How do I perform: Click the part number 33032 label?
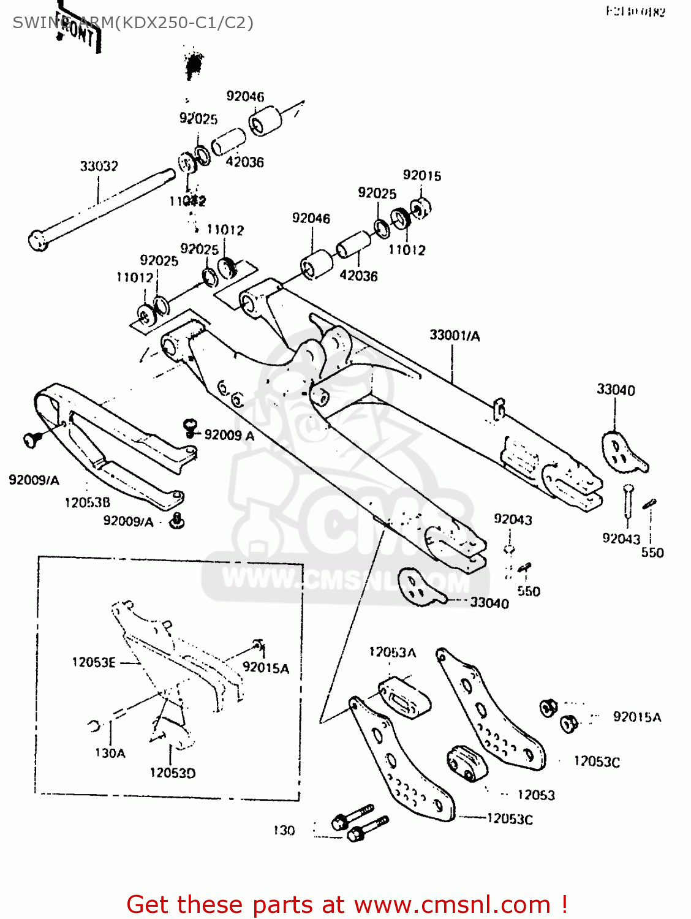pyautogui.click(x=99, y=166)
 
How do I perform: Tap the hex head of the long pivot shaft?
pyautogui.click(x=38, y=240)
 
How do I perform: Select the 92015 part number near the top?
pyautogui.click(x=421, y=175)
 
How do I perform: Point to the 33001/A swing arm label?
pyautogui.click(x=455, y=335)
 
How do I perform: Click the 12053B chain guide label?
pyautogui.click(x=88, y=502)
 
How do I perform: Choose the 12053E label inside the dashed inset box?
pyautogui.click(x=94, y=662)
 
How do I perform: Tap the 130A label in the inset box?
pyautogui.click(x=110, y=753)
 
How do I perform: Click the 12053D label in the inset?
pyautogui.click(x=173, y=773)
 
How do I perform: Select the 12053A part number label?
pyautogui.click(x=392, y=652)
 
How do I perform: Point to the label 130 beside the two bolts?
pyautogui.click(x=284, y=830)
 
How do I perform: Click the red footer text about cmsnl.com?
pyautogui.click(x=347, y=904)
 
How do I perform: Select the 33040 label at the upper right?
pyautogui.click(x=616, y=390)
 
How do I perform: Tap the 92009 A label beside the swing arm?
pyautogui.click(x=229, y=435)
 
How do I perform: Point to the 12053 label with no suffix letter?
pyautogui.click(x=536, y=795)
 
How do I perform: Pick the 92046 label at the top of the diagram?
pyautogui.click(x=245, y=96)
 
